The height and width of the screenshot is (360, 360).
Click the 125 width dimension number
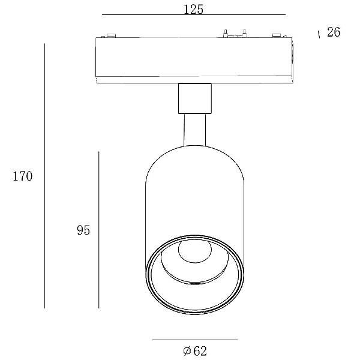194,10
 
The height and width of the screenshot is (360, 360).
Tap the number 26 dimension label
334,32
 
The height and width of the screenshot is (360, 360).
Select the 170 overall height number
23,176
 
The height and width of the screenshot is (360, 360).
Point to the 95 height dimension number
83,230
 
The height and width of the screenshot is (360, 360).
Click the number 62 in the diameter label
200,351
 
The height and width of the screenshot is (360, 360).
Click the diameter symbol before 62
187,350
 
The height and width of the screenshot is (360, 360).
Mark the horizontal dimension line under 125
194,14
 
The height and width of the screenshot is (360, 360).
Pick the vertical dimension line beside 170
44,176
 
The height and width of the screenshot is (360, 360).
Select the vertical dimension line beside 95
99,230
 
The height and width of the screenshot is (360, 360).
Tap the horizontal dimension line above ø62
195,340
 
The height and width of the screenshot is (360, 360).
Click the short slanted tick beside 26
319,34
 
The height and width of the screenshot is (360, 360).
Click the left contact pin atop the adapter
226,33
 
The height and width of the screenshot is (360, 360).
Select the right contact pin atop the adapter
245,33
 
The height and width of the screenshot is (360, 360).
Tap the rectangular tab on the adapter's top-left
111,35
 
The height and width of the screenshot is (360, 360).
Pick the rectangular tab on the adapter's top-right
277,35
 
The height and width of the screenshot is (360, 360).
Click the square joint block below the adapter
195,98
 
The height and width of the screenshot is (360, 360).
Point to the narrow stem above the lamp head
194,130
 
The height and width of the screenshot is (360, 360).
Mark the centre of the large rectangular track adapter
194,60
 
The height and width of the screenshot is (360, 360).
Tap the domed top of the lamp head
194,147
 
